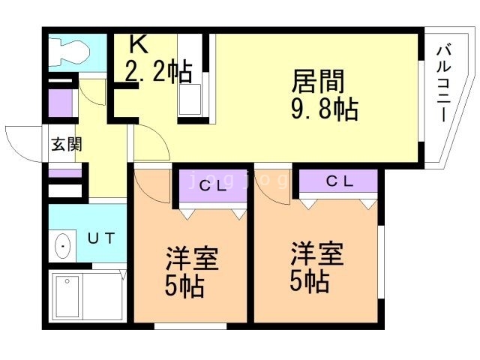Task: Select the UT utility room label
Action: click(x=101, y=239)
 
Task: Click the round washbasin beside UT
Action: click(x=64, y=245)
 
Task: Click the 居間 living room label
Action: click(x=318, y=80)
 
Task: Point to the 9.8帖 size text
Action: click(x=324, y=110)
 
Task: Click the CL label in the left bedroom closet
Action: click(x=212, y=187)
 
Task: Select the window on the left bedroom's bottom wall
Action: click(x=190, y=326)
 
